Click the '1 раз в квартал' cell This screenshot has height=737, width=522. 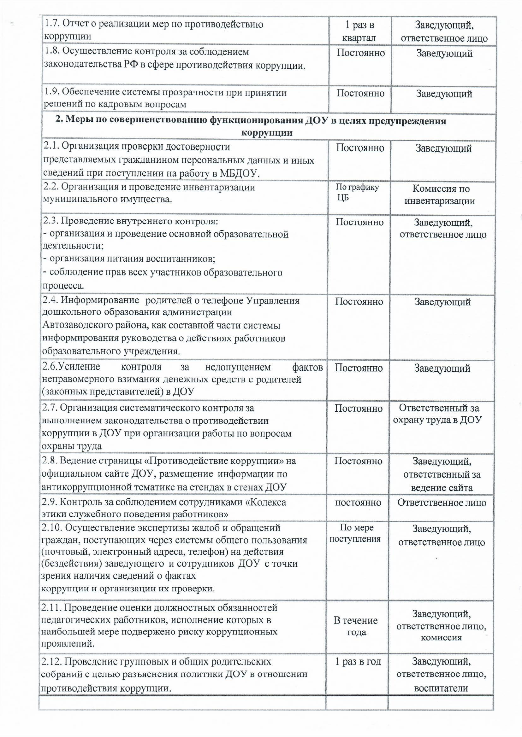click(x=359, y=32)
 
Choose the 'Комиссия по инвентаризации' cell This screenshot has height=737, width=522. click(x=441, y=195)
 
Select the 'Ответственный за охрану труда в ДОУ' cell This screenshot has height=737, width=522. click(x=438, y=414)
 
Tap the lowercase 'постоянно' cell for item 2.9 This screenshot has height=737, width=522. click(x=358, y=502)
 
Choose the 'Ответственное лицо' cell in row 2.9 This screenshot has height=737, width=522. click(x=442, y=502)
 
